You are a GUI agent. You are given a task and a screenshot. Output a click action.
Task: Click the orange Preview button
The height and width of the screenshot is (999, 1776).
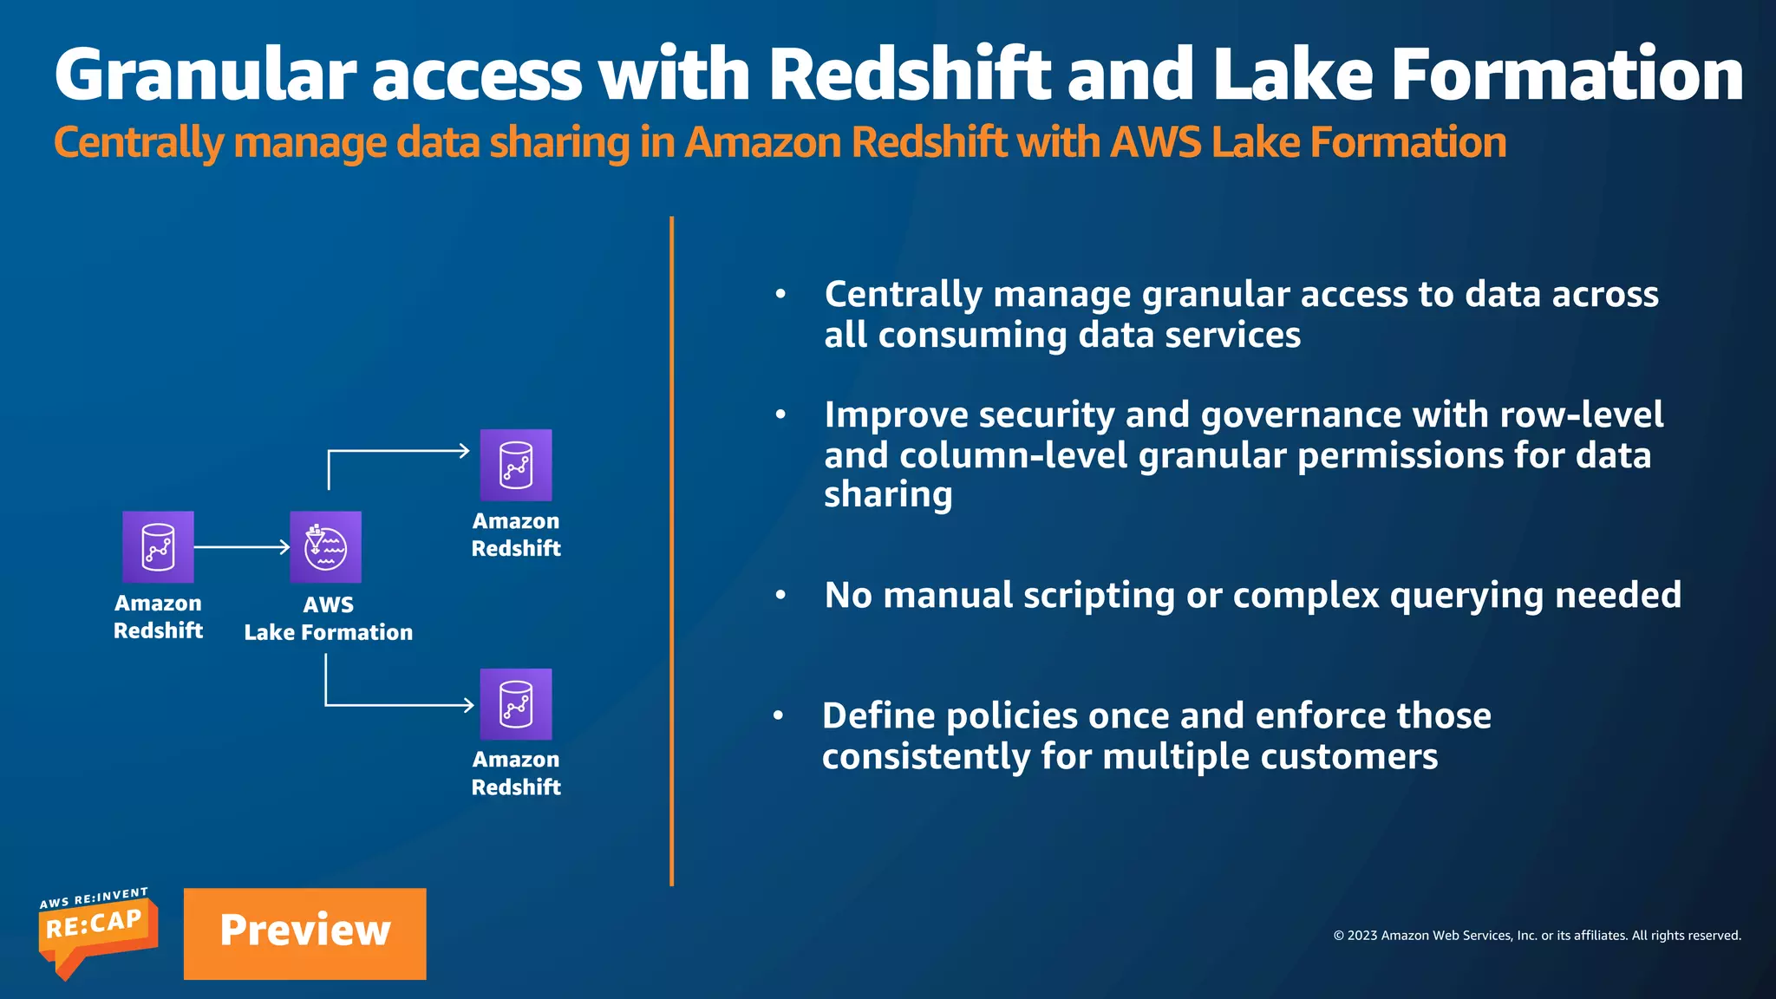coord(304,933)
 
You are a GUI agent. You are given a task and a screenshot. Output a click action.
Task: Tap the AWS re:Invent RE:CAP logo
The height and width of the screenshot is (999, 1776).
coord(97,931)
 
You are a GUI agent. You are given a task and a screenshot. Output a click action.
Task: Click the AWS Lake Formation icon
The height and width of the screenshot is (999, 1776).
coord(325,546)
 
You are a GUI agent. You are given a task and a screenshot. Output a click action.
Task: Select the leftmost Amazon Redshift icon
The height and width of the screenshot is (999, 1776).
coord(158,546)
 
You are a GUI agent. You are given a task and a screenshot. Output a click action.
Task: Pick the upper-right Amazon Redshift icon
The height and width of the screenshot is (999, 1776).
coord(516,465)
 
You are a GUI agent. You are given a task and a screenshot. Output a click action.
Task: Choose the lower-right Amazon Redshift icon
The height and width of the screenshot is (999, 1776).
coord(516,703)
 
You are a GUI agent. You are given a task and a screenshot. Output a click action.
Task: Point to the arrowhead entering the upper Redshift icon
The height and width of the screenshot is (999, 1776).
coord(464,451)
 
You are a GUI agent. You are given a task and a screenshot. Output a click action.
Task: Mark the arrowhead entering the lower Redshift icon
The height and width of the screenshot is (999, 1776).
coord(468,705)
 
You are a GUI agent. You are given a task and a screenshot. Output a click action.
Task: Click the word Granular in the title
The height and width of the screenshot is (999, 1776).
coord(205,75)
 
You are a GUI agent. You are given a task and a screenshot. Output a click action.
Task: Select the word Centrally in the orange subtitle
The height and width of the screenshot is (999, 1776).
coord(139,144)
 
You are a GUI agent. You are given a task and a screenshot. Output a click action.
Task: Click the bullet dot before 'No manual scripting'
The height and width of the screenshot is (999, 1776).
coord(780,596)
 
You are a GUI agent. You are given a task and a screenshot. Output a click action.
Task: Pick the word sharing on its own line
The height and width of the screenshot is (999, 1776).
coord(887,495)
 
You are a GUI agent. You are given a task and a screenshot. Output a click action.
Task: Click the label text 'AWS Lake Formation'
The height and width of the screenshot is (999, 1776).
coord(328,619)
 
